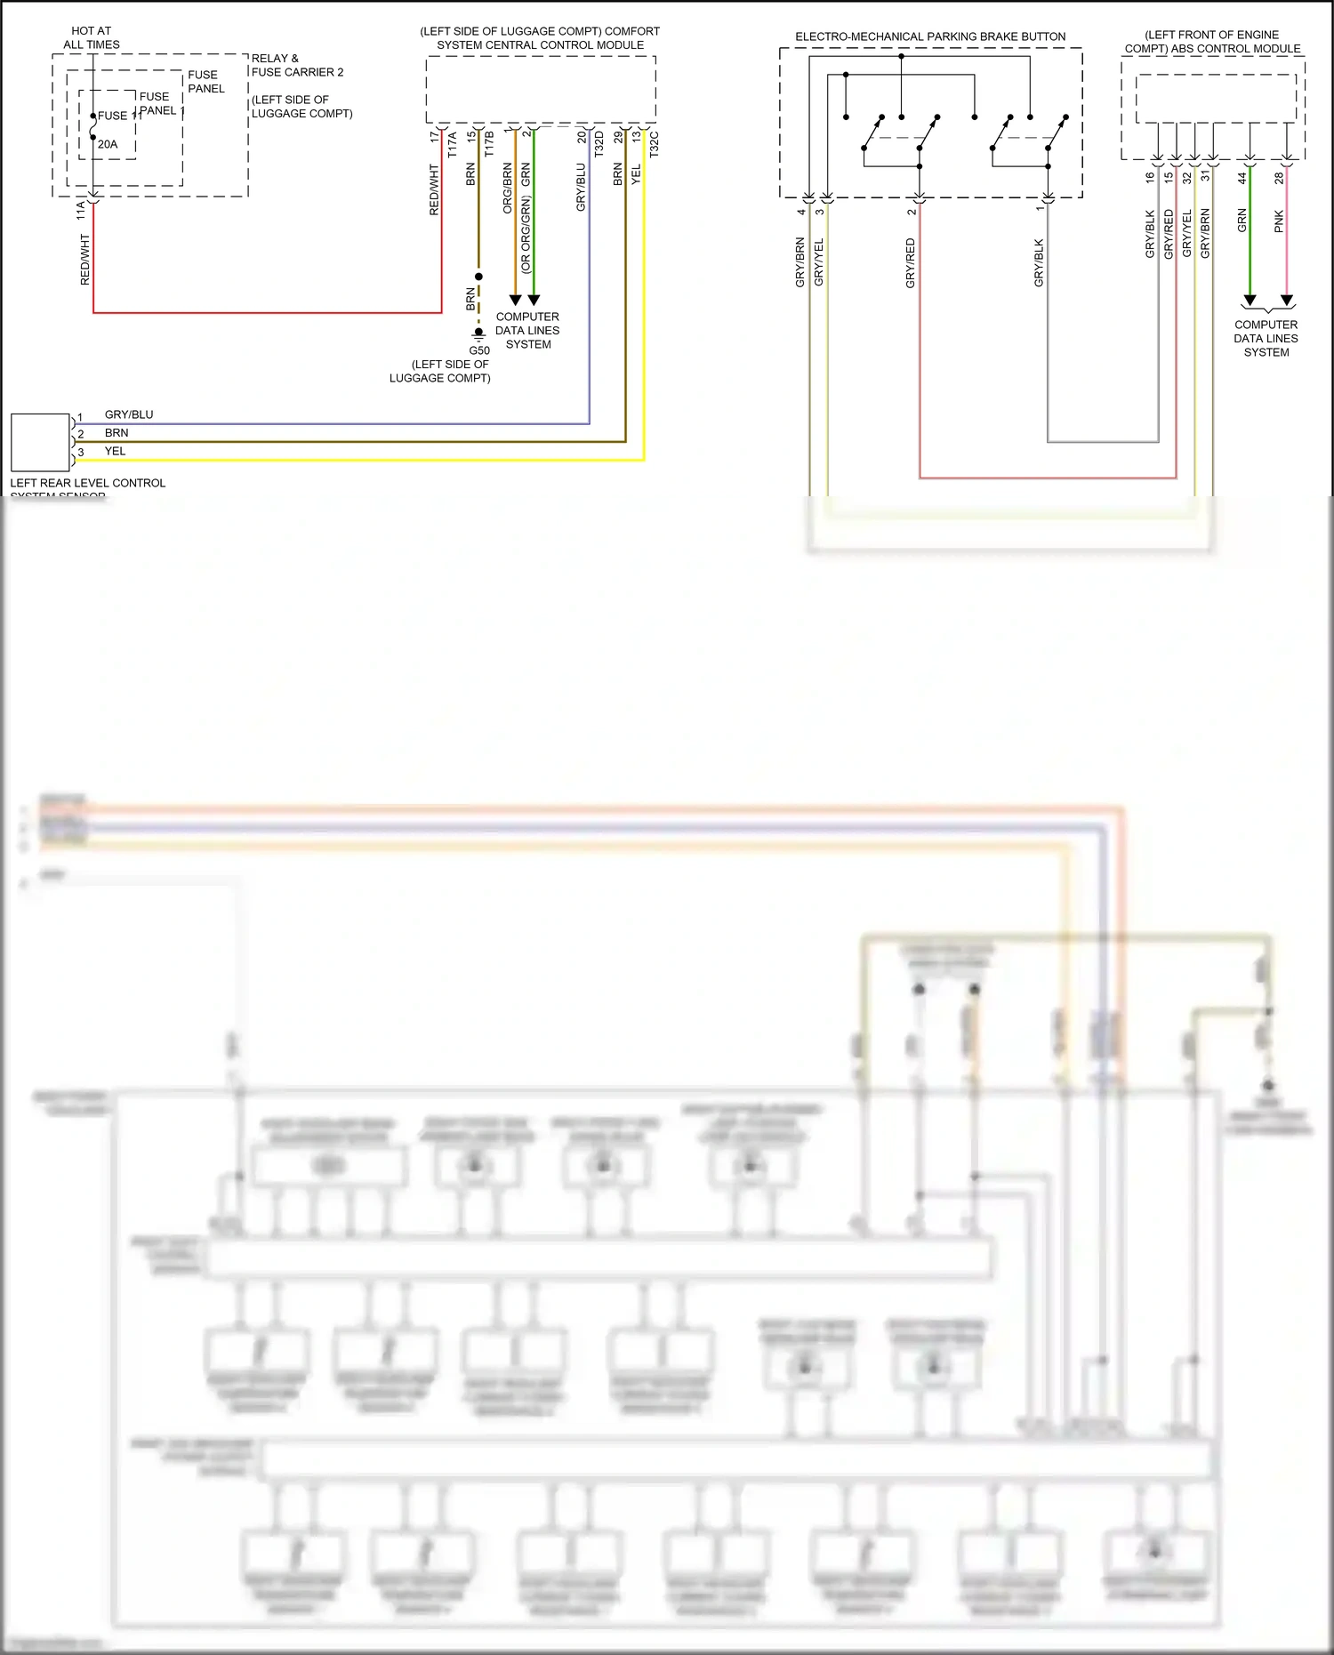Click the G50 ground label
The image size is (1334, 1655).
[x=479, y=350]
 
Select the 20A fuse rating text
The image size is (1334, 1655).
[x=108, y=144]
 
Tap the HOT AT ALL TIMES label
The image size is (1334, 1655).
[x=91, y=37]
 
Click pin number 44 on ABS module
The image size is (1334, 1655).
[x=1242, y=178]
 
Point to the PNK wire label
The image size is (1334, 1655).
[x=1279, y=221]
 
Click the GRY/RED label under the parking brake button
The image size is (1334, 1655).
[x=910, y=262]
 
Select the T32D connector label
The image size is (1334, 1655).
[x=599, y=144]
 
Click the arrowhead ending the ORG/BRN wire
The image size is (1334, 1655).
[x=515, y=300]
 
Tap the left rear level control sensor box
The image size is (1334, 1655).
[x=40, y=442]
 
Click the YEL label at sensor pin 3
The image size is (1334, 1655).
[x=115, y=451]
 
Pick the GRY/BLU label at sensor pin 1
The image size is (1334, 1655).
[x=129, y=414]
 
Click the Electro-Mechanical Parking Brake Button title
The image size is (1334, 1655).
[x=930, y=36]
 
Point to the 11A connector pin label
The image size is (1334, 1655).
[x=81, y=210]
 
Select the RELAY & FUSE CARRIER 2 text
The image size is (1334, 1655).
[x=296, y=65]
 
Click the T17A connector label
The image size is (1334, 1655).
[x=452, y=145]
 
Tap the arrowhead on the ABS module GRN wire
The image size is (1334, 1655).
[x=1250, y=300]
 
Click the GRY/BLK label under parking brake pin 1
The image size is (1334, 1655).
[x=1039, y=262]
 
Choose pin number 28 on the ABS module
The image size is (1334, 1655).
[x=1279, y=178]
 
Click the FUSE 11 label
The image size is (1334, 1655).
[x=119, y=116]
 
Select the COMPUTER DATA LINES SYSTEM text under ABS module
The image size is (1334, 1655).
[x=1266, y=338]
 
